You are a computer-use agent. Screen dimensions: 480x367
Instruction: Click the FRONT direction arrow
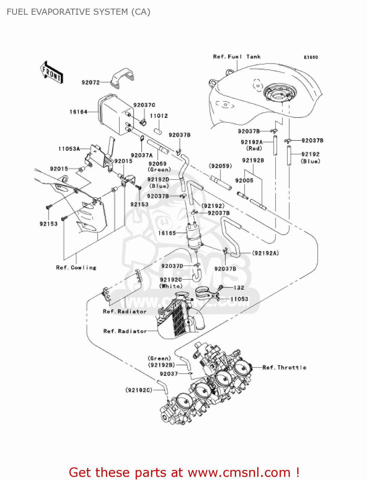click(x=52, y=72)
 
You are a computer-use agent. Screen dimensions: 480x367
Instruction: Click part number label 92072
click(x=91, y=83)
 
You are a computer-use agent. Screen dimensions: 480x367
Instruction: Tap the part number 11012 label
click(x=159, y=116)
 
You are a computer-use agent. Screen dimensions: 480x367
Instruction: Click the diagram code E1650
click(x=311, y=57)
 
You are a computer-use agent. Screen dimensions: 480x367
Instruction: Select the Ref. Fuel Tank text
click(x=237, y=57)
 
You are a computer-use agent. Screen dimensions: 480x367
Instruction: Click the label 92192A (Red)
click(x=252, y=145)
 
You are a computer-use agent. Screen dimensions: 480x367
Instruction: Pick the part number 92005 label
click(x=244, y=180)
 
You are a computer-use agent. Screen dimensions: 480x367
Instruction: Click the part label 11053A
click(x=69, y=149)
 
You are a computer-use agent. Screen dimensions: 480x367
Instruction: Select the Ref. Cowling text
click(x=76, y=268)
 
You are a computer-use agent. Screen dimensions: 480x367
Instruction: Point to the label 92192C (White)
click(x=171, y=283)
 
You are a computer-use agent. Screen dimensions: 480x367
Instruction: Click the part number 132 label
click(x=239, y=288)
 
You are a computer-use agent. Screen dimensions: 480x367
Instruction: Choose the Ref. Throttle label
click(x=284, y=367)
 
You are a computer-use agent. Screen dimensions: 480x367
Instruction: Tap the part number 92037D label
click(x=172, y=266)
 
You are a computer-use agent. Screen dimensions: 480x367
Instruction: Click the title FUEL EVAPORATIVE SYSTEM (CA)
click(x=78, y=12)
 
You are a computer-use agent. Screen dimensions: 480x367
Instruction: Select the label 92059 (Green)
click(x=159, y=166)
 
